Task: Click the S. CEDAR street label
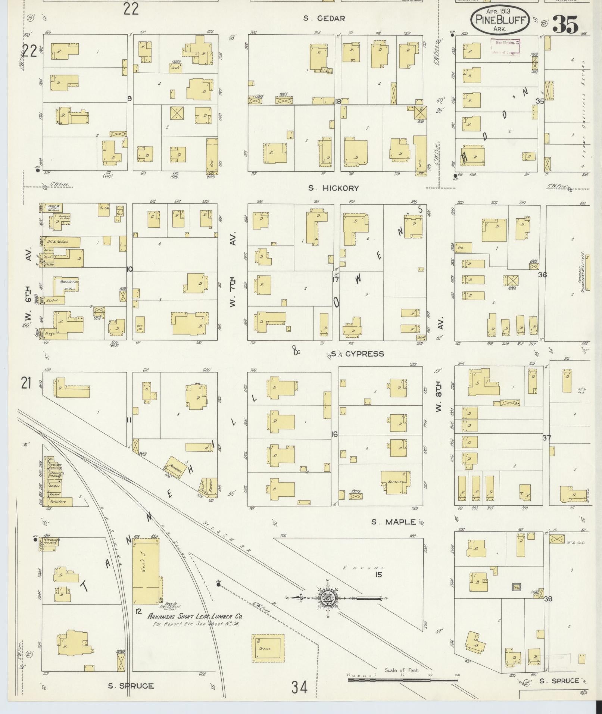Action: click(324, 18)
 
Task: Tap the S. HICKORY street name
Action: click(333, 188)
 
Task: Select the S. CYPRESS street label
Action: click(357, 353)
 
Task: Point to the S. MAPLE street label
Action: click(393, 522)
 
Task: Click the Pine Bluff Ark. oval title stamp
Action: click(500, 20)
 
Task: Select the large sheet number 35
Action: click(565, 25)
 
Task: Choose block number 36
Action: click(542, 275)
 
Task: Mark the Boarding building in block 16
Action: click(395, 482)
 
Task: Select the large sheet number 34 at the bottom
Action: click(299, 687)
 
